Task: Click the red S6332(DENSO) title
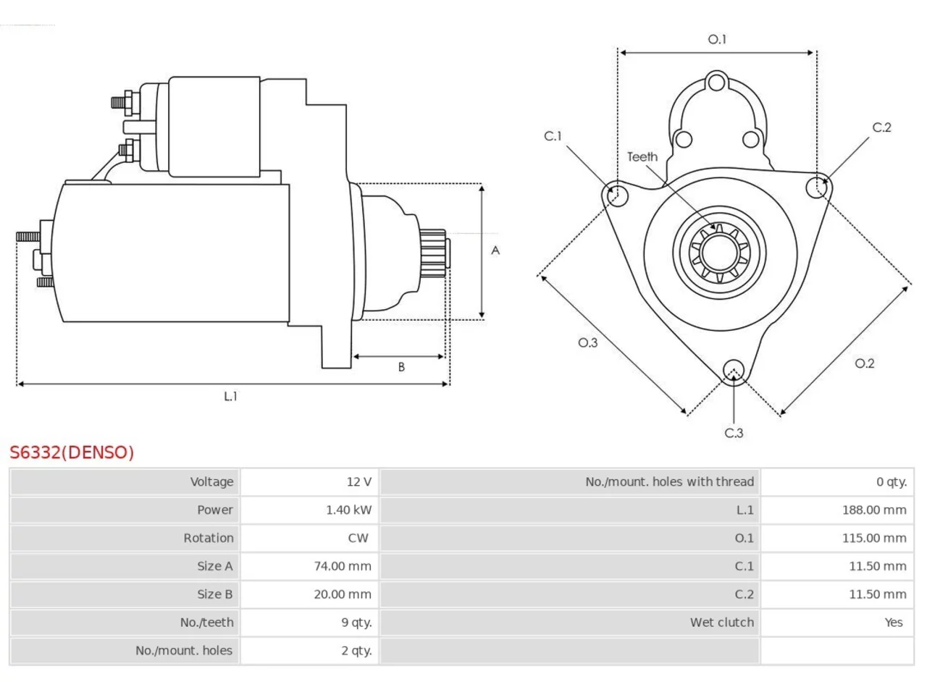(x=72, y=452)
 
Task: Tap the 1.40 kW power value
(x=348, y=510)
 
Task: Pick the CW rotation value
(x=358, y=538)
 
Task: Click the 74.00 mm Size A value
(x=343, y=566)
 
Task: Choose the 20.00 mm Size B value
(x=343, y=594)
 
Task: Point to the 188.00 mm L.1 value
(x=874, y=510)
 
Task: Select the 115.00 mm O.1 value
(x=874, y=538)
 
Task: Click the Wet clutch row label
(x=721, y=622)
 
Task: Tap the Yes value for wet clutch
(x=893, y=622)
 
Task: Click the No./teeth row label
(x=206, y=622)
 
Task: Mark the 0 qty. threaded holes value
(x=891, y=481)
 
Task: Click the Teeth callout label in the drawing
(x=642, y=157)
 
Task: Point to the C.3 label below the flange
(x=734, y=433)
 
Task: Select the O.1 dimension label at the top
(x=717, y=39)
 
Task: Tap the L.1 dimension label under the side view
(x=230, y=396)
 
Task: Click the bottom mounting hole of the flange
(x=734, y=371)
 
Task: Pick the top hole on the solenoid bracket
(x=716, y=82)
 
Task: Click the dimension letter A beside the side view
(x=495, y=250)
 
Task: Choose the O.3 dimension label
(x=587, y=342)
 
